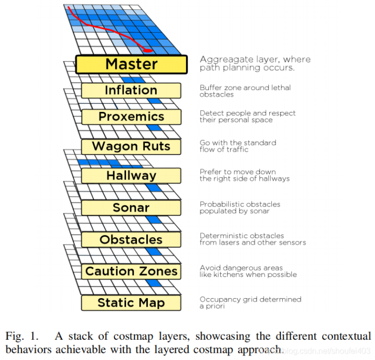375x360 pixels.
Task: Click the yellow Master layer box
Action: click(131, 65)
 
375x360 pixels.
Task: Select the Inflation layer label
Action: click(131, 91)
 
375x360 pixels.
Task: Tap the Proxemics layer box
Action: click(131, 117)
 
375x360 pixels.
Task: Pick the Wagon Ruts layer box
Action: click(131, 147)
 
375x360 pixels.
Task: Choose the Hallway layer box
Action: click(131, 176)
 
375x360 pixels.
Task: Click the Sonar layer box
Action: click(131, 208)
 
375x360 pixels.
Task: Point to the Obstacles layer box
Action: click(131, 240)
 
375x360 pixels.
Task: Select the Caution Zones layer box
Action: click(131, 272)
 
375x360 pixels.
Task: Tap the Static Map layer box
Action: click(131, 303)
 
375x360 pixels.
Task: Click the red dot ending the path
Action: click(147, 50)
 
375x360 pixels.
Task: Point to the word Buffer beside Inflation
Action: click(209, 87)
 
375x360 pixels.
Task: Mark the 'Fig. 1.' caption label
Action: click(22, 336)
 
